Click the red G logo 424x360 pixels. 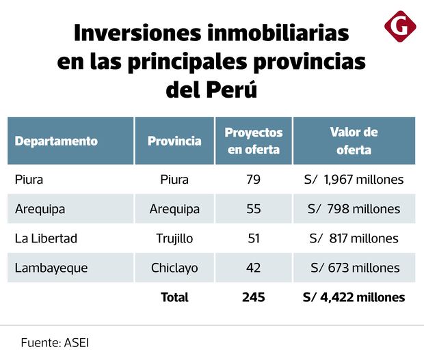(400, 28)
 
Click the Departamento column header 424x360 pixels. (56, 141)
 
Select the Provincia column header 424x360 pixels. (174, 141)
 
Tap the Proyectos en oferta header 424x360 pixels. (254, 141)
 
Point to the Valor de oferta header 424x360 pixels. (354, 141)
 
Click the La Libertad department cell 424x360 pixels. (46, 238)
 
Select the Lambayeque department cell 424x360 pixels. (51, 268)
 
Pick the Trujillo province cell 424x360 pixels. (174, 238)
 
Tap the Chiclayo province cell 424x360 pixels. (174, 268)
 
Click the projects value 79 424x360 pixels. (254, 180)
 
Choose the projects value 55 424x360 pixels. (254, 209)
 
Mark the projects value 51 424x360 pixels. (254, 238)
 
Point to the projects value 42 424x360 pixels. (254, 268)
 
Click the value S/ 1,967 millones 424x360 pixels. (354, 180)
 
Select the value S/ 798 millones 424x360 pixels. (354, 209)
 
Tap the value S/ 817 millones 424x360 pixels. (354, 238)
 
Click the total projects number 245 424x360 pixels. (253, 297)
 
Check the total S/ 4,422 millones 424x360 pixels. (354, 297)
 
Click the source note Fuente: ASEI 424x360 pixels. (55, 342)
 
